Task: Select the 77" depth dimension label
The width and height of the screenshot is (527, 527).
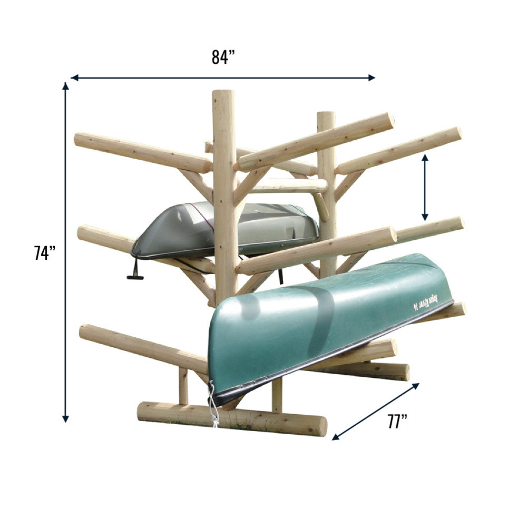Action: (398, 422)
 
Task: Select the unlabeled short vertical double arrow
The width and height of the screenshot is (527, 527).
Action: (425, 187)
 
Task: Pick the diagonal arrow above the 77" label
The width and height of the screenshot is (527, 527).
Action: (376, 411)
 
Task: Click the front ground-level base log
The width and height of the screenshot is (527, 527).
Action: (232, 419)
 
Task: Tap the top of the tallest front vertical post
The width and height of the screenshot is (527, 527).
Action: (223, 95)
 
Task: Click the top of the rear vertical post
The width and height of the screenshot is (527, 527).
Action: (326, 116)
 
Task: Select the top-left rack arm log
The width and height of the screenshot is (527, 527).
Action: (142, 153)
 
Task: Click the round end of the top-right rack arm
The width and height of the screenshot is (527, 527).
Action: (455, 133)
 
